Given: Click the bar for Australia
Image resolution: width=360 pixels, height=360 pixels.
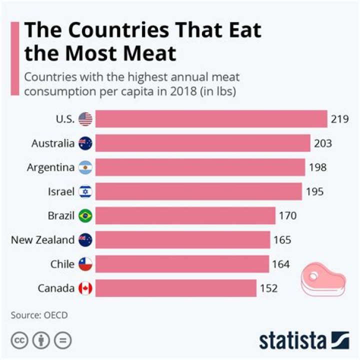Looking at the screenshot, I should point(202,143).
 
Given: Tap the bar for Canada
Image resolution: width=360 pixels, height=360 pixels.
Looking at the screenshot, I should point(175,288).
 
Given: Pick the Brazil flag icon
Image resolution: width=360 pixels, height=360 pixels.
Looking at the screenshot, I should point(85,216).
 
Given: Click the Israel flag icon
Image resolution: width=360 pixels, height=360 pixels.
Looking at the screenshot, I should point(85,191).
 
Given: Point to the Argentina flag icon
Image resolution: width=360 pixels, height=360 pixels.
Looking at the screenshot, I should point(85,167).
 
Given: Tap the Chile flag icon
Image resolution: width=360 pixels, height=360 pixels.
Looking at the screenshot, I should point(85,264).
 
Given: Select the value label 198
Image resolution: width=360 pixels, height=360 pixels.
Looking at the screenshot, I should point(317,167).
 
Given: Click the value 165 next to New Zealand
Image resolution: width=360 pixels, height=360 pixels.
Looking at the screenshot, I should point(282,240).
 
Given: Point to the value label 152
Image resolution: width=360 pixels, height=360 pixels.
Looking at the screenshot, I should point(268,288).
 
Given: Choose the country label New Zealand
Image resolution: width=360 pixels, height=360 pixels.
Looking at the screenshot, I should point(42,240).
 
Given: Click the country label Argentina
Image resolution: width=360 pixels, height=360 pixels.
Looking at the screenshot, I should point(50,167).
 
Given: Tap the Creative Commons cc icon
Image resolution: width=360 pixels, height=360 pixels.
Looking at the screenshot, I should point(20,340).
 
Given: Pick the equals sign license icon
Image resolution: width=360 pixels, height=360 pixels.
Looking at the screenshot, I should point(63,340).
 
